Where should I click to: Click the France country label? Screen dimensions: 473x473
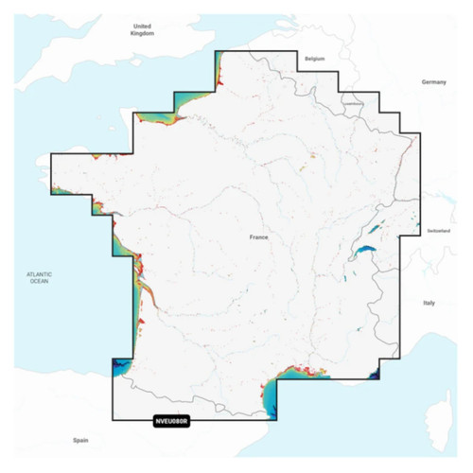pyautogui.click(x=258, y=237)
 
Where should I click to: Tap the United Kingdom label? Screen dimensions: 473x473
pyautogui.click(x=142, y=29)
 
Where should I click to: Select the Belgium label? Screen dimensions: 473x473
pyautogui.click(x=315, y=59)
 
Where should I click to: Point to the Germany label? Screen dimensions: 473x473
pyautogui.click(x=434, y=82)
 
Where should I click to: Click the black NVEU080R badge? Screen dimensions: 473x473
pyautogui.click(x=170, y=422)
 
